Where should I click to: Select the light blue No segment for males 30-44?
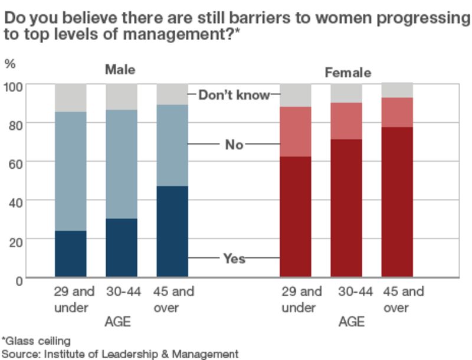tap(122, 164)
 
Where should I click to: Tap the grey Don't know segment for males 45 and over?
tap(172, 94)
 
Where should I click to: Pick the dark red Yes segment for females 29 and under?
tap(296, 217)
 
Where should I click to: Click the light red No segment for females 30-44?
tap(346, 121)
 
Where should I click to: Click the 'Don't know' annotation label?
tap(234, 95)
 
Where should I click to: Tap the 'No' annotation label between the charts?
tap(234, 145)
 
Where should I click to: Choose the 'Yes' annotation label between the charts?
tap(234, 258)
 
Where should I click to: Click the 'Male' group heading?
tap(120, 70)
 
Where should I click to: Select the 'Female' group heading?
tap(348, 73)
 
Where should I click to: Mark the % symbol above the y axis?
tap(10, 63)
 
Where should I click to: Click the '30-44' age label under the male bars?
tap(123, 292)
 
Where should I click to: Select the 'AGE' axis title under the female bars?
tap(351, 322)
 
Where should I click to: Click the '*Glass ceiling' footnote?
tap(36, 341)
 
